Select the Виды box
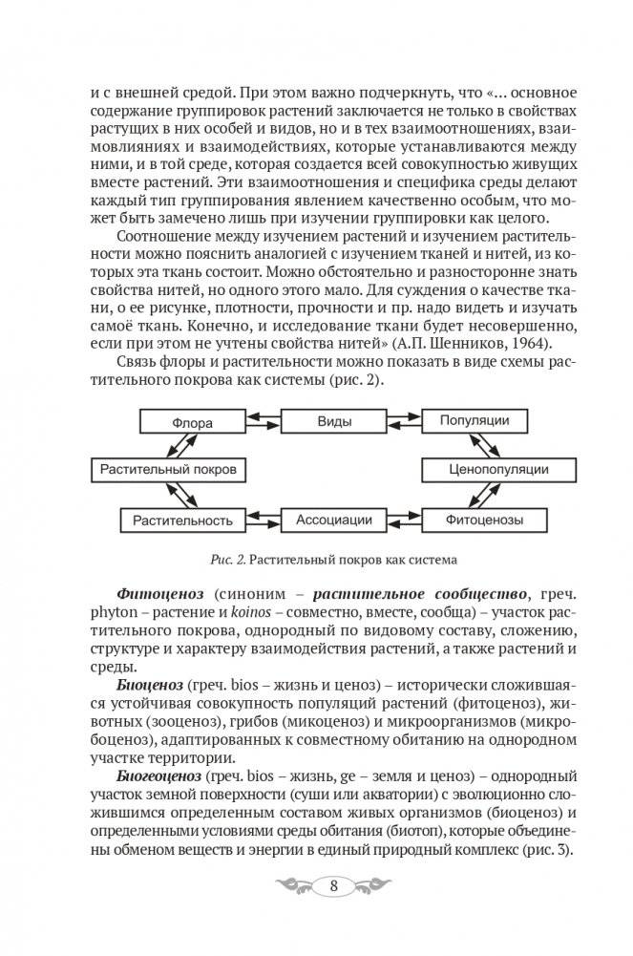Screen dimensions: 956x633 [x=333, y=421]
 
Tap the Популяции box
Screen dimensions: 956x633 [x=474, y=421]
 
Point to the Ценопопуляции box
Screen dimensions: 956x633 [x=498, y=471]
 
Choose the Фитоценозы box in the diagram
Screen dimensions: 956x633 [x=484, y=520]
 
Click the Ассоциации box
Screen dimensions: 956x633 [x=333, y=520]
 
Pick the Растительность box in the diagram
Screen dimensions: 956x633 [x=177, y=520]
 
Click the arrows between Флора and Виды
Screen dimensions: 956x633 [x=264, y=421]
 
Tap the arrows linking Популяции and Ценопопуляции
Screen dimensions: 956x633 [x=487, y=446]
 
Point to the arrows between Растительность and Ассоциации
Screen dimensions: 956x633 [x=263, y=520]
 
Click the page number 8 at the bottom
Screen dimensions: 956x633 [x=332, y=884]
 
